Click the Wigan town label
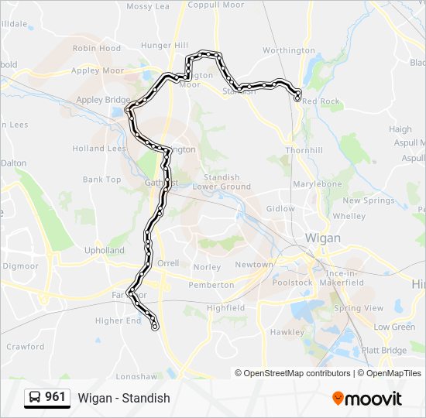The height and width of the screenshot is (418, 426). pos(322,238)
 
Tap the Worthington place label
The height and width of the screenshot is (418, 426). pos(289,50)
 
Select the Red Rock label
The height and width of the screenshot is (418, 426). pos(321,101)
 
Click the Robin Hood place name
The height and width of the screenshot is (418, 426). pos(96,48)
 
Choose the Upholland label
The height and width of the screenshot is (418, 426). pos(104,251)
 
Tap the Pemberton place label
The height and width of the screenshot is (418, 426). pos(211,285)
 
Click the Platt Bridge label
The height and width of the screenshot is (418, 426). pos(383,350)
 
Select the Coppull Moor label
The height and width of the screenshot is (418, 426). pos(215,5)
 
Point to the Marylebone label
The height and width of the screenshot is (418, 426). pos(318,184)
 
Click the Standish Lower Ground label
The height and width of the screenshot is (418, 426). pos(222,182)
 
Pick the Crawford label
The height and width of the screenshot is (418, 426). pos(26,347)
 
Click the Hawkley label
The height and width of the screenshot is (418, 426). pos(287,332)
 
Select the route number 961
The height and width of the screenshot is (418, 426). pos(55,397)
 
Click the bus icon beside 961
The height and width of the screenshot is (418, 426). pos(35,398)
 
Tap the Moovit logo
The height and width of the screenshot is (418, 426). pos(367,399)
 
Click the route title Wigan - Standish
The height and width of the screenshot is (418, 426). pos(124,398)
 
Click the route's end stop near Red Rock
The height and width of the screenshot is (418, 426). pos(298,97)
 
